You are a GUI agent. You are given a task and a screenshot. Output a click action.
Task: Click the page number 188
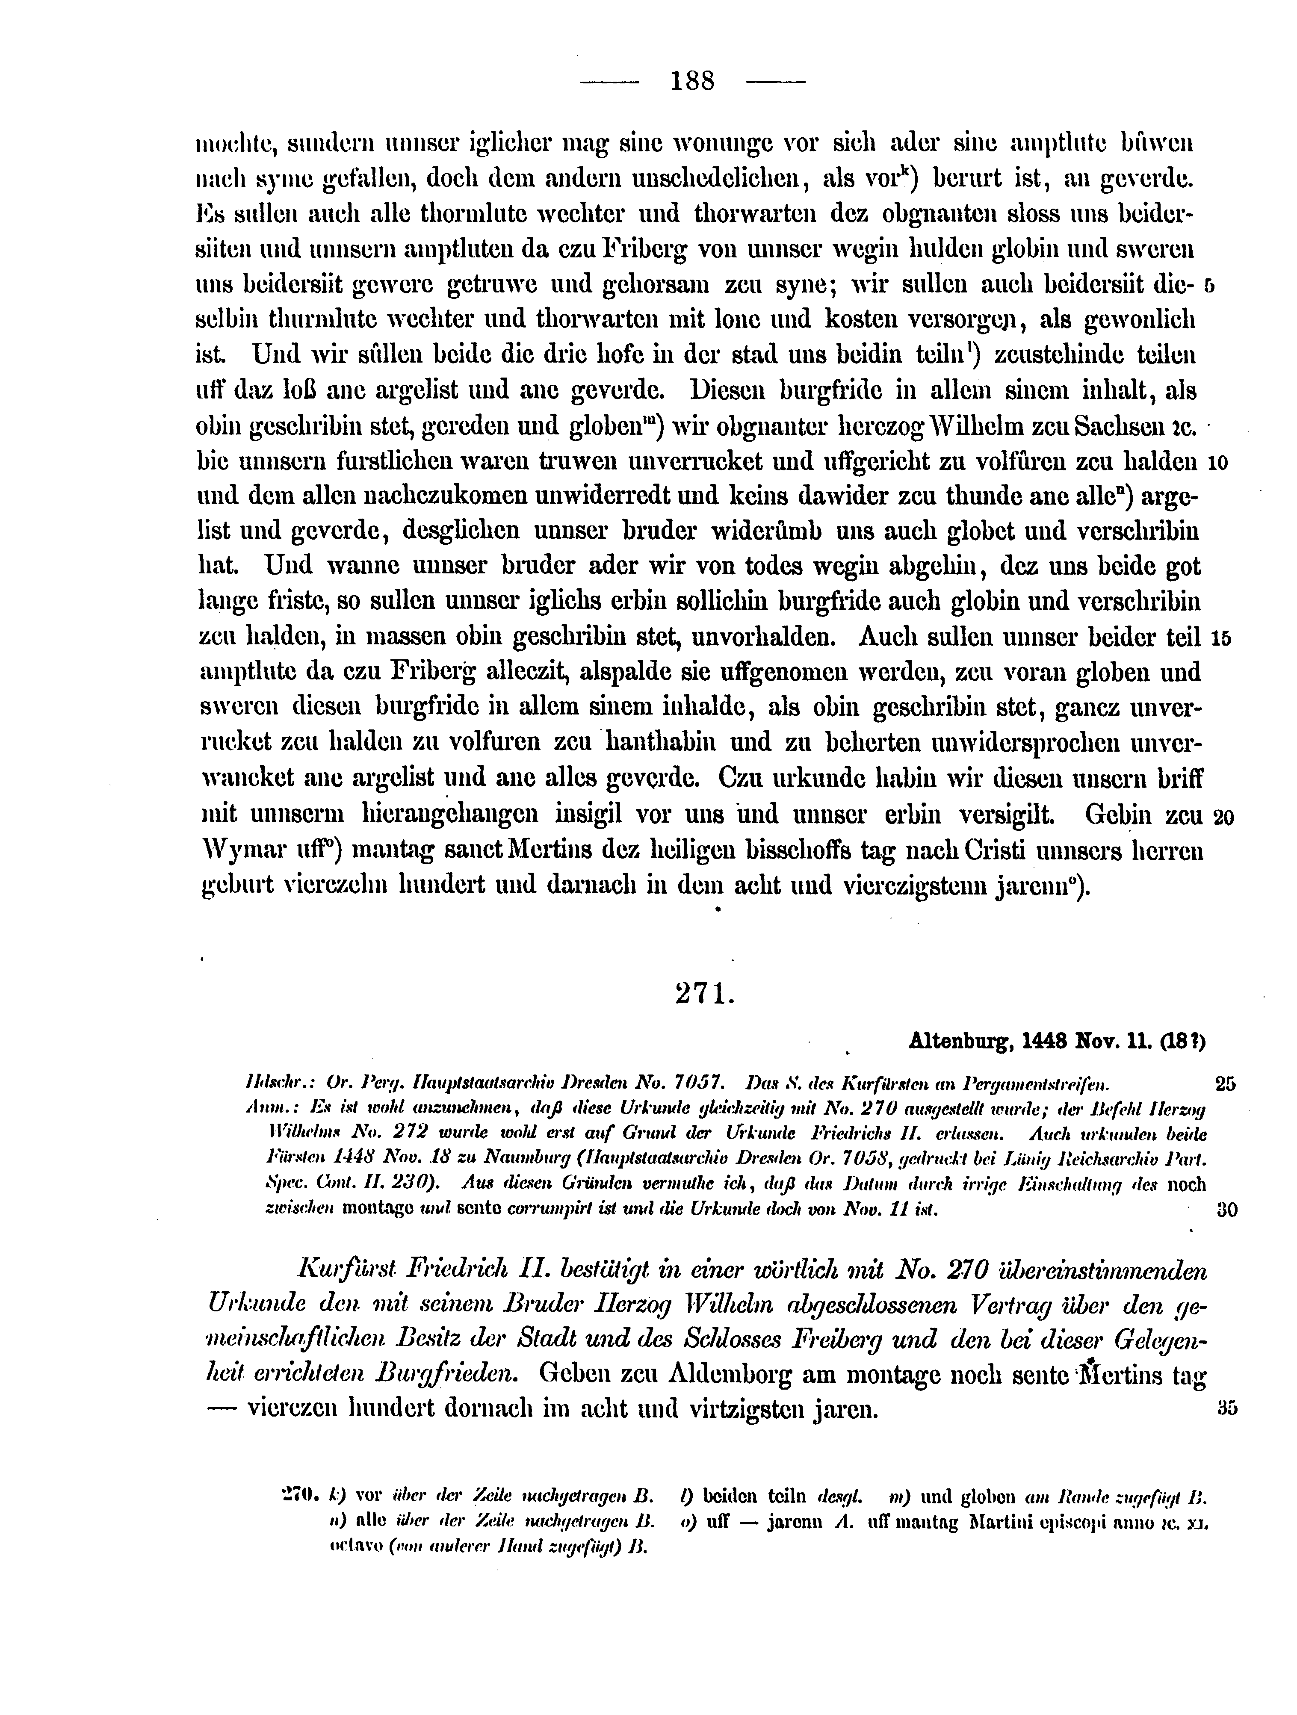click(692, 81)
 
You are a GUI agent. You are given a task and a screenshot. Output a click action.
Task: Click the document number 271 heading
click(704, 994)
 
